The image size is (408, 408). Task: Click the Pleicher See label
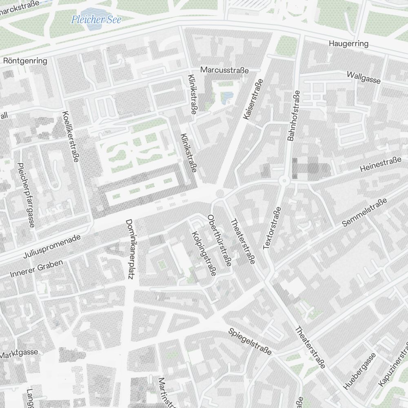tap(96, 20)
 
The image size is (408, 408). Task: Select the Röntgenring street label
tap(25, 61)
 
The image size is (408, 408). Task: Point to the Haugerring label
tap(348, 44)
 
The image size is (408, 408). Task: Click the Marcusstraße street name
tap(224, 70)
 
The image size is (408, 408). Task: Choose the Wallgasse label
tap(364, 77)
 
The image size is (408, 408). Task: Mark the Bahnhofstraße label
tap(294, 115)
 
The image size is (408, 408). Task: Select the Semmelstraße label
tap(364, 213)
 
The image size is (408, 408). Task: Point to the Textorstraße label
tap(272, 228)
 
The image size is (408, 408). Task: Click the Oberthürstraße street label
tap(220, 240)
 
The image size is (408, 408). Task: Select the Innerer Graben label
tap(36, 268)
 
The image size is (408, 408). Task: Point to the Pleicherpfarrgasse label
tap(25, 195)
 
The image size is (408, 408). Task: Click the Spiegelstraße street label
tap(250, 341)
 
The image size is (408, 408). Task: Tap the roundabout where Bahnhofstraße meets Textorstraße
tap(284, 180)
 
